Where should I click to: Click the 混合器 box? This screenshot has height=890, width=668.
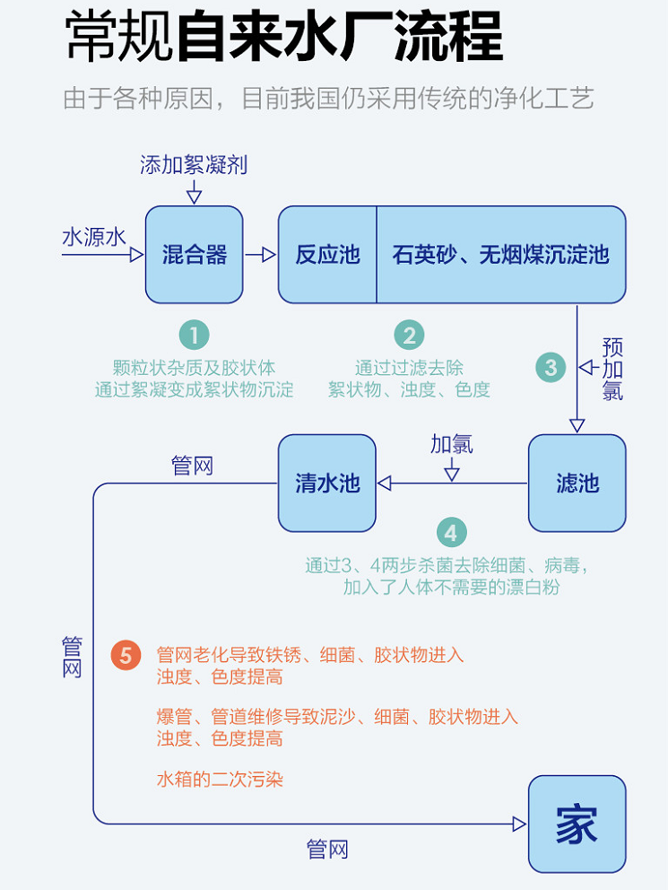coord(195,255)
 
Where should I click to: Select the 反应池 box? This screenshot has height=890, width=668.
coord(327,255)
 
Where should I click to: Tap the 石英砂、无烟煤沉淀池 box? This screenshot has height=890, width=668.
coord(500,255)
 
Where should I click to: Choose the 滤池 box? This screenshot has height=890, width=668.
coord(577,484)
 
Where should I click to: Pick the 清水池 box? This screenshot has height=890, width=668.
coord(327,484)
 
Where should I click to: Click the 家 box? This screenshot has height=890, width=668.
coord(577,824)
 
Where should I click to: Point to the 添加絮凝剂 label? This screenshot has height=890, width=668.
coord(194,165)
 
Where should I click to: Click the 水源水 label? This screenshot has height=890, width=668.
coord(93,238)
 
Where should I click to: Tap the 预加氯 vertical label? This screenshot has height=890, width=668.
coord(613,368)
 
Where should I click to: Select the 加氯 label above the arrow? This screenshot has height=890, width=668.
coord(451,444)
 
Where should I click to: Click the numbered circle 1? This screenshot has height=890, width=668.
coord(194,336)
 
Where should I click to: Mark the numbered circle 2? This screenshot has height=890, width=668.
coord(409,336)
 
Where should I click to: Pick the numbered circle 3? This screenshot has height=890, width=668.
coord(551,367)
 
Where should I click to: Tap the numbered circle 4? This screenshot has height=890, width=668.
coord(451,534)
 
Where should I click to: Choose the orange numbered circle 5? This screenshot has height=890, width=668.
coord(126,656)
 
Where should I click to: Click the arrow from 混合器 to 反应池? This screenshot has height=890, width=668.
coord(261,255)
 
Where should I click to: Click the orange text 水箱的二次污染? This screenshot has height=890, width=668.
coord(220,779)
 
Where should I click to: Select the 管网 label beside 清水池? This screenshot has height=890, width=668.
coord(192,466)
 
